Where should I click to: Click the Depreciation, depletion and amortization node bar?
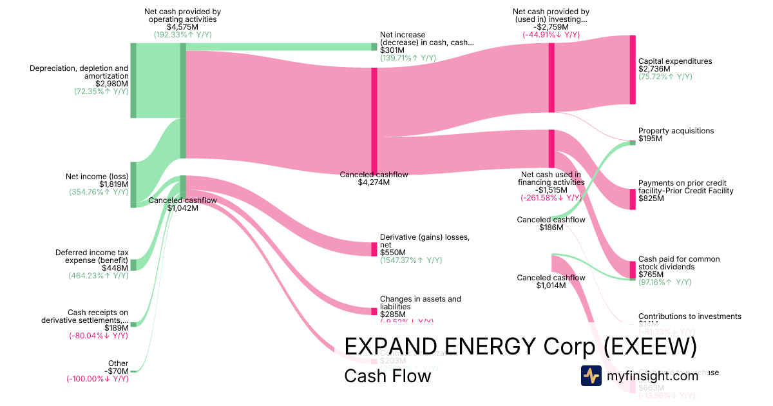click(133, 81)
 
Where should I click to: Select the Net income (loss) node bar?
click(133, 184)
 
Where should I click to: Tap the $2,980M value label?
click(111, 84)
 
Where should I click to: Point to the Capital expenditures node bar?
click(633, 70)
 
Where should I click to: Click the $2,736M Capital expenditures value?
click(654, 69)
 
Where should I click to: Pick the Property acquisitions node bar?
click(632, 142)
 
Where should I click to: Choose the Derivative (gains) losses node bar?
click(374, 249)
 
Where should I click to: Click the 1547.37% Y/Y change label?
click(411, 260)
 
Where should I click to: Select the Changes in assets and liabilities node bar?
click(374, 311)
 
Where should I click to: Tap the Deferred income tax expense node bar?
click(133, 264)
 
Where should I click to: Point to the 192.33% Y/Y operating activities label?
click(183, 35)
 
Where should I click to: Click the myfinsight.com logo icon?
click(591, 376)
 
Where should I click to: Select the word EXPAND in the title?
click(386, 347)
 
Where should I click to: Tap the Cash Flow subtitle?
click(387, 376)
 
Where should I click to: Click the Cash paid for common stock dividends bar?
click(632, 269)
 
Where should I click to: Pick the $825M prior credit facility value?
click(651, 198)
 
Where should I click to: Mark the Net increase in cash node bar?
click(374, 46)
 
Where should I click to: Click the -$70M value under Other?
click(118, 371)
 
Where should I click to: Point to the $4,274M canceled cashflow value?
click(374, 182)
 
